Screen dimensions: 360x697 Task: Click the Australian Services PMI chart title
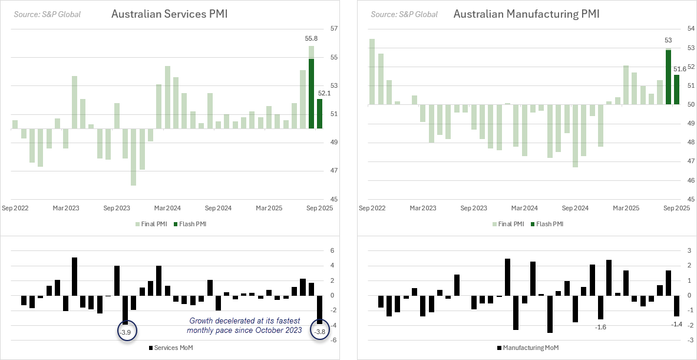tap(169, 14)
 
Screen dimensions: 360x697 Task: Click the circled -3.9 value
tap(125, 332)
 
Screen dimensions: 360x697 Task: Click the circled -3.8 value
tap(319, 332)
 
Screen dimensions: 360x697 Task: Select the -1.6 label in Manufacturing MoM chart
tap(600, 326)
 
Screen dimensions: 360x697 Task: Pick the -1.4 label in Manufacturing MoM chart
tap(676, 325)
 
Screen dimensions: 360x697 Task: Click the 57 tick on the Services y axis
tap(333, 28)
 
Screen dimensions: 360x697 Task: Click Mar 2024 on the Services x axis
tap(167, 208)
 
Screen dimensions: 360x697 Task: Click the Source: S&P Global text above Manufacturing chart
tap(404, 14)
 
